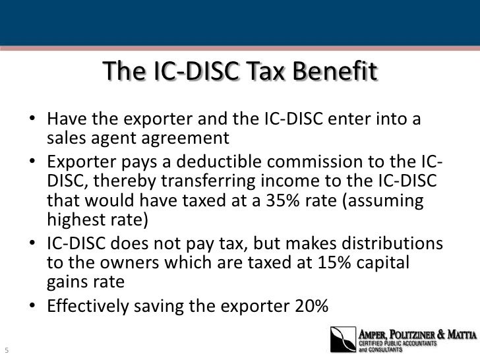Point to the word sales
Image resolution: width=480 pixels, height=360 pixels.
[65, 139]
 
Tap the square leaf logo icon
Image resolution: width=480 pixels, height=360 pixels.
[343, 339]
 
